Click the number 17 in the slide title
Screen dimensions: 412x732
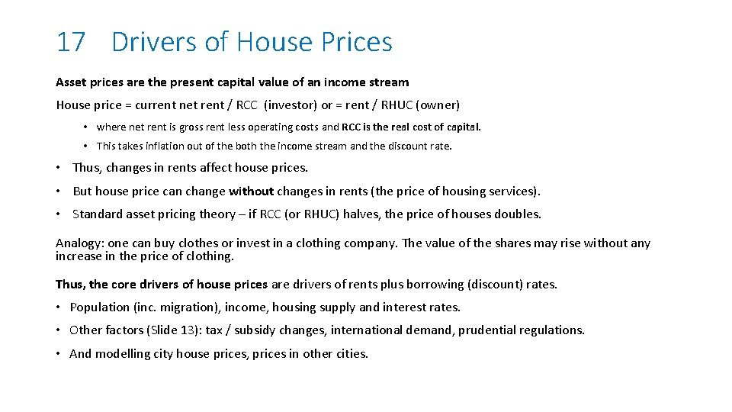(x=70, y=42)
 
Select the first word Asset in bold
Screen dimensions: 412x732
(x=72, y=82)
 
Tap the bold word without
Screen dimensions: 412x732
(x=251, y=191)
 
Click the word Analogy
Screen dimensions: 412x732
(x=79, y=243)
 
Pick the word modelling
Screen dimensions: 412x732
(x=123, y=353)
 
